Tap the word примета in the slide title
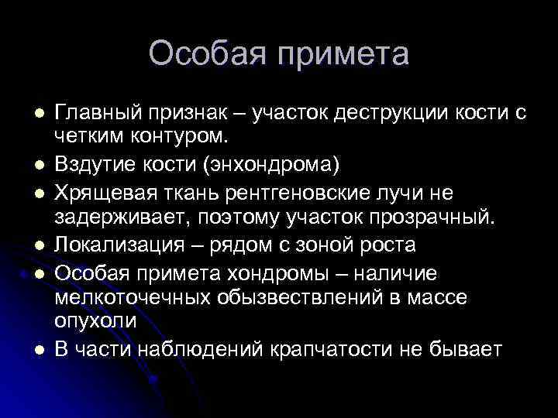[338, 55]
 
